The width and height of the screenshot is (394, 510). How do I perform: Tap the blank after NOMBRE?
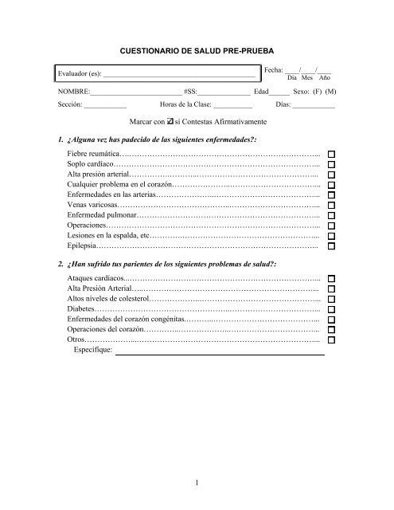[x=130, y=92]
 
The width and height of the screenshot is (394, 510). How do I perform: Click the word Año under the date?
[x=325, y=79]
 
